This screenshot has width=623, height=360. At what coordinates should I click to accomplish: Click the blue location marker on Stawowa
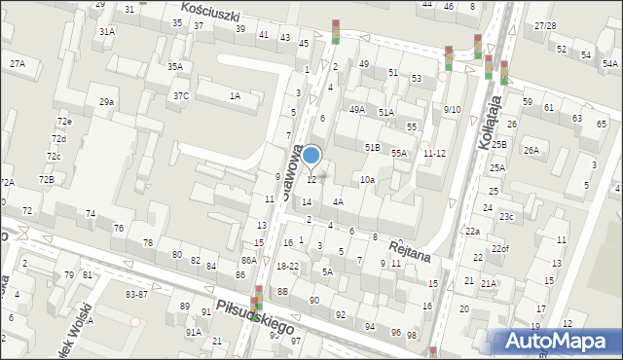point(311,155)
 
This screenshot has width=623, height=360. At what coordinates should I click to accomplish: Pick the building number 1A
point(235,95)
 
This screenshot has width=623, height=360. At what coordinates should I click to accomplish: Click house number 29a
point(106,101)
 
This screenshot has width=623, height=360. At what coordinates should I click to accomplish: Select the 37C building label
point(181,95)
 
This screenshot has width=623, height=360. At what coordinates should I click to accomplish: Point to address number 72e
point(63,121)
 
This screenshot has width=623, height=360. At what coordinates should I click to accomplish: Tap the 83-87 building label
point(137,294)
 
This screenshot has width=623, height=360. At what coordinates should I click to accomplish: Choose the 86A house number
point(249,260)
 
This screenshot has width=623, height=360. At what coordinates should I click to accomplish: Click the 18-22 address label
point(287,266)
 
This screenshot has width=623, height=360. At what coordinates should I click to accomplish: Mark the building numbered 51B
point(372,146)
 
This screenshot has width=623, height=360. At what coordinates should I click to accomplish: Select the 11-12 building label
point(434,153)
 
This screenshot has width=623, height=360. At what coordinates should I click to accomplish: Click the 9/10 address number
point(452,109)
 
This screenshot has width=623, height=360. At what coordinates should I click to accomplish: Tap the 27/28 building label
point(545,26)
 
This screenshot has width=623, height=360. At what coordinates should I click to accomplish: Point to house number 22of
point(499,248)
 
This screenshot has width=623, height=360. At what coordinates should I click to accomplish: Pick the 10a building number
point(367,180)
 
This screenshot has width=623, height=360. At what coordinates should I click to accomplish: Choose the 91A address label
point(194,332)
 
